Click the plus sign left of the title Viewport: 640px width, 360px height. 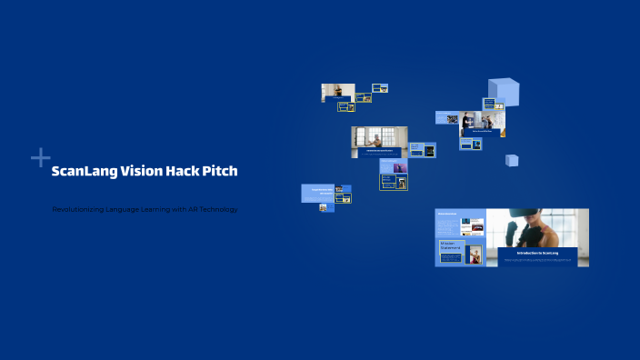click(40, 158)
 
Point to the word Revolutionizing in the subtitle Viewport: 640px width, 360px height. click(78, 210)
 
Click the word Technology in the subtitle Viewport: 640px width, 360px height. click(217, 210)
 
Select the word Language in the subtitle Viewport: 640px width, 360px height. click(131, 210)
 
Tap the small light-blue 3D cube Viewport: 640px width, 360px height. click(512, 160)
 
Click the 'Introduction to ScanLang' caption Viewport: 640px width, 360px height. click(537, 253)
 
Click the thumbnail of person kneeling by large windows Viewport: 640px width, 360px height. click(379, 138)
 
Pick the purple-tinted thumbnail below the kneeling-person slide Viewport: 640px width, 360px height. click(400, 167)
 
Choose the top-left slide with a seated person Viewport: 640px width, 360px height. click(337, 92)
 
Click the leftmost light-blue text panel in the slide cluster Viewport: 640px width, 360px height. click(316, 194)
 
